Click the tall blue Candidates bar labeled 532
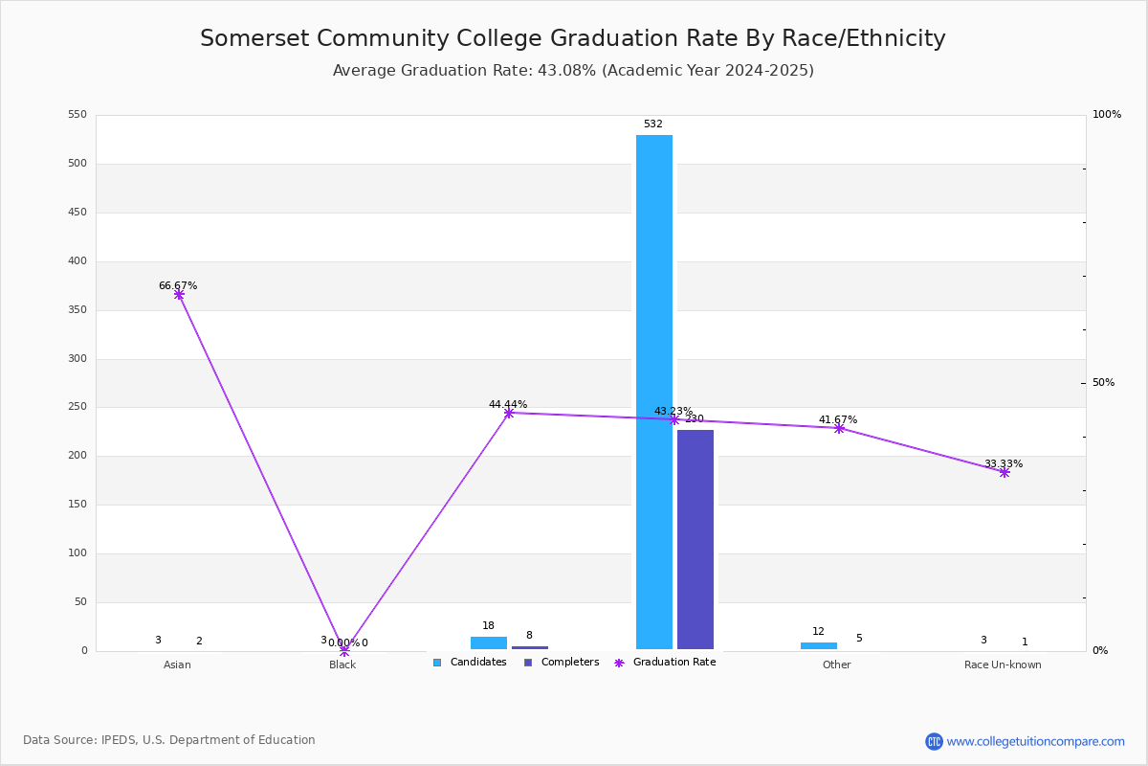(x=654, y=392)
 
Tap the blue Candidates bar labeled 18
(x=489, y=642)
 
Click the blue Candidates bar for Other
(x=819, y=645)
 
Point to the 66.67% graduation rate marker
(x=179, y=295)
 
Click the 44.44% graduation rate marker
(x=509, y=413)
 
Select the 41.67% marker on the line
(x=839, y=428)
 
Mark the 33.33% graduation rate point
(x=1004, y=472)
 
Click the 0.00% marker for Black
(x=344, y=650)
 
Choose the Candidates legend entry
(x=471, y=663)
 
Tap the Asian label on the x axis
(x=177, y=665)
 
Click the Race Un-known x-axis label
(x=1003, y=665)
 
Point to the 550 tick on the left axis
(x=77, y=115)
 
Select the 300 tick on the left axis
(x=77, y=359)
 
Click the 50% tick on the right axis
(x=1103, y=383)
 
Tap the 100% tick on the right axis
(x=1106, y=115)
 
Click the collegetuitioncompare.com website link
(x=1035, y=741)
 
